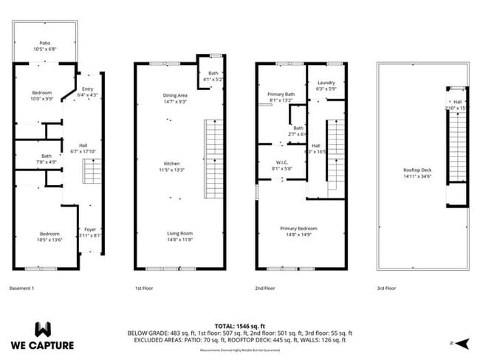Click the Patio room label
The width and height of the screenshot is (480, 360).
tap(44, 43)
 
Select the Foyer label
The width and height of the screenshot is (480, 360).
tap(90, 229)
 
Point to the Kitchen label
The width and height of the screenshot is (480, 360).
tap(173, 164)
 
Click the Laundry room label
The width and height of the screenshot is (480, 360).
tap(326, 83)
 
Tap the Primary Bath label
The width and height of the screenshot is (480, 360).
tap(281, 94)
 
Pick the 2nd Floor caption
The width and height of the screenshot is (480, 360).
tap(265, 288)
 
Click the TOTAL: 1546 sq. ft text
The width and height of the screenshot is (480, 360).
tap(240, 325)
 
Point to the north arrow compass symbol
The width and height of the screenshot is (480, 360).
tap(462, 343)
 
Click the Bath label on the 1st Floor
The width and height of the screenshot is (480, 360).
tap(213, 72)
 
